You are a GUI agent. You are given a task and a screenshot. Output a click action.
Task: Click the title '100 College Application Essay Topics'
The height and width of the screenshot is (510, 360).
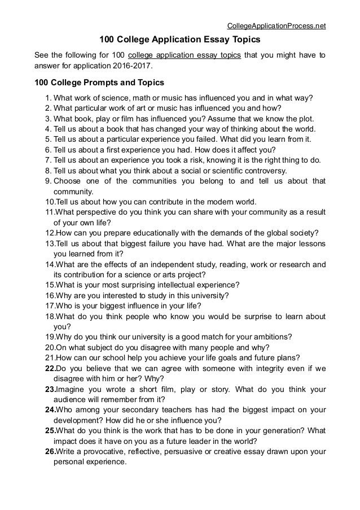(179, 41)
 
